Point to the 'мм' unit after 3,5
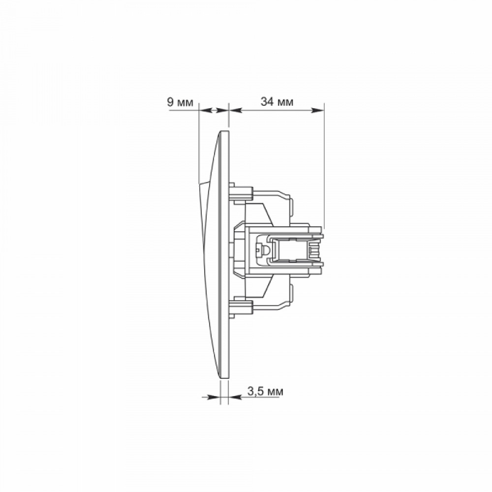click(x=275, y=392)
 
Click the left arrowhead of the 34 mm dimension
click(x=236, y=110)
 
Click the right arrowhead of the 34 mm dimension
click(x=317, y=110)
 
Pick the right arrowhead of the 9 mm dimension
click(x=222, y=110)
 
